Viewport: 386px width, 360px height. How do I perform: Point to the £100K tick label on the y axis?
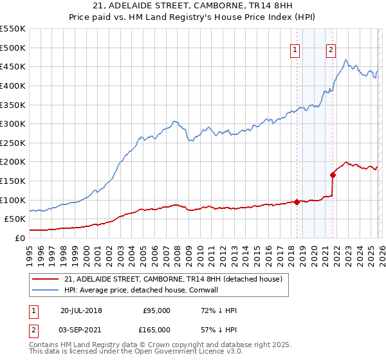click(x=13, y=200)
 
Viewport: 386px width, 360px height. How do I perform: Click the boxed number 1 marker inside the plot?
click(x=295, y=51)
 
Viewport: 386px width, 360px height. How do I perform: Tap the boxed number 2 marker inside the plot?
click(x=331, y=51)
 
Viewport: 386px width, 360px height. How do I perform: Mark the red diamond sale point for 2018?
click(x=297, y=202)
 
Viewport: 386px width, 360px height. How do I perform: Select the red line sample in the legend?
click(x=46, y=280)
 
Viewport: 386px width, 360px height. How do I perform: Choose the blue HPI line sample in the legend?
click(x=46, y=291)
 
